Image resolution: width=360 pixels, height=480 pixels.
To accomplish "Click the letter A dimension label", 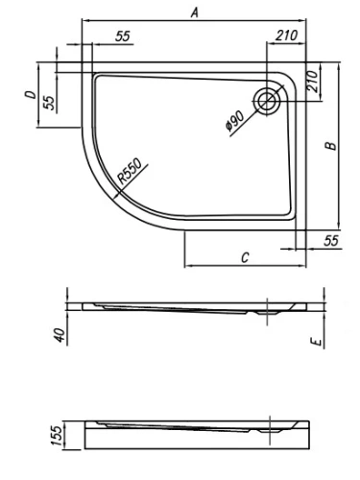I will pyautogui.click(x=195, y=13).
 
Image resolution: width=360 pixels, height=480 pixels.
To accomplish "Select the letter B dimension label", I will pyautogui.click(x=329, y=146).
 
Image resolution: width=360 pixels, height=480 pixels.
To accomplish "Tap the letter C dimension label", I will pyautogui.click(x=245, y=256).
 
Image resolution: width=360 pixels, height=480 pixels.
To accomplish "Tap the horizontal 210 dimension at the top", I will pyautogui.click(x=284, y=36).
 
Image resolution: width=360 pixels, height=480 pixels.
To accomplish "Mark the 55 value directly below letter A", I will pyautogui.click(x=122, y=36).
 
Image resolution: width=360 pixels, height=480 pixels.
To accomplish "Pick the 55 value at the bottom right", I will pyautogui.click(x=331, y=240).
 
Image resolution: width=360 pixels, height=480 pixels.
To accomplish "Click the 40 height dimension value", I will pyautogui.click(x=60, y=335).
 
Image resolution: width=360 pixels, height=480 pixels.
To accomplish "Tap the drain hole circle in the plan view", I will pyautogui.click(x=268, y=98).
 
